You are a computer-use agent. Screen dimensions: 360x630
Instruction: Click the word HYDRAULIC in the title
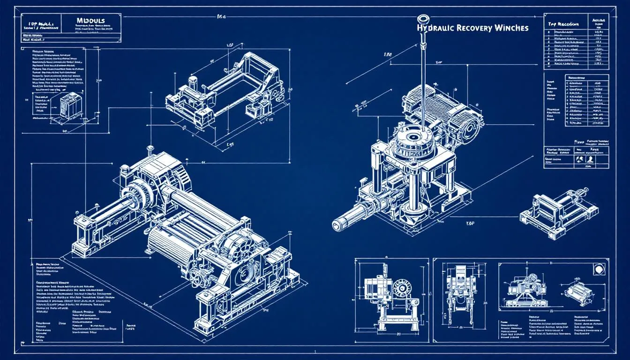[437, 28]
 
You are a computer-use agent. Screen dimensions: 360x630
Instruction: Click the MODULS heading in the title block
[90, 21]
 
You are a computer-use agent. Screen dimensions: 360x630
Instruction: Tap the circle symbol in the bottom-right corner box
[599, 270]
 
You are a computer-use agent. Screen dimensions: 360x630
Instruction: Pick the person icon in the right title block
[590, 160]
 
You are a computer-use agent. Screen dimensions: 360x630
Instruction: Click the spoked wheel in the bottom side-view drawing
[402, 286]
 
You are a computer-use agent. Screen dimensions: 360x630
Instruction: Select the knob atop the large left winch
[150, 149]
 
